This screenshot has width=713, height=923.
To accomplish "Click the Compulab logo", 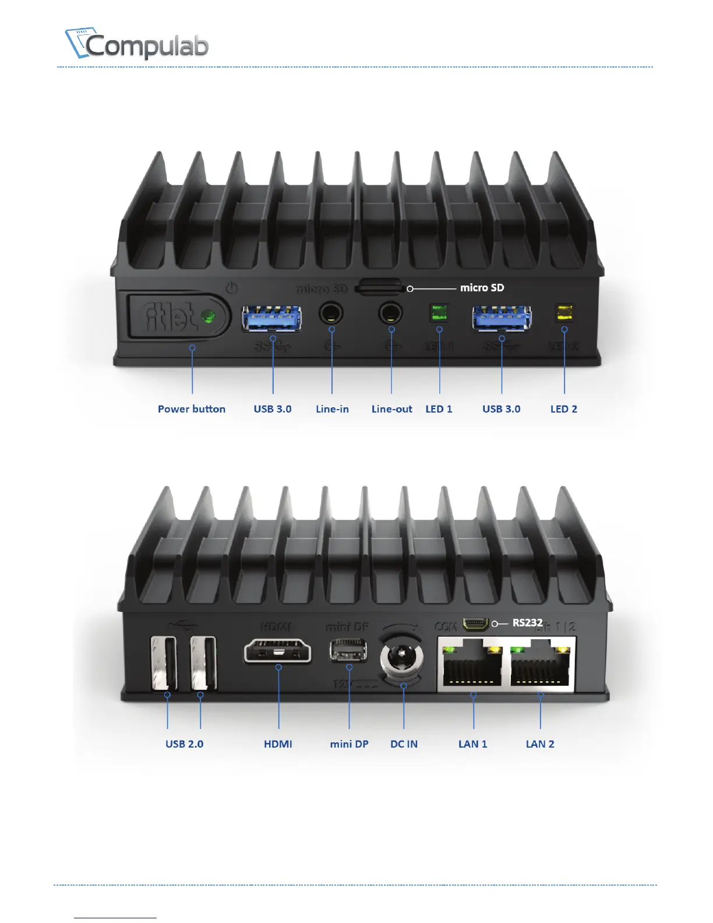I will click(x=137, y=44).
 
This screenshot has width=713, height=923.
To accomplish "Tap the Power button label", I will click(x=191, y=409).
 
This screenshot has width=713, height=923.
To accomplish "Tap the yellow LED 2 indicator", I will click(x=563, y=312).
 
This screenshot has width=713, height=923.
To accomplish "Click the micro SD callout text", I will click(x=482, y=288).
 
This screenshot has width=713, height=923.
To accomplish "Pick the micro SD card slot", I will click(x=380, y=287).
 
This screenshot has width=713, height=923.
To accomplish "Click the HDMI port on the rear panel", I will click(x=278, y=651).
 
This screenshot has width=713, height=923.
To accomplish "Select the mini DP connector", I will click(x=348, y=650).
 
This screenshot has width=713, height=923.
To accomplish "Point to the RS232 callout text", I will click(x=527, y=623).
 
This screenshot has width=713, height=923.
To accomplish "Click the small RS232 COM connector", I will click(x=475, y=624).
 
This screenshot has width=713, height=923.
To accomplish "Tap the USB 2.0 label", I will click(x=184, y=744).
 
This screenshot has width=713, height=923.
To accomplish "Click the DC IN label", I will click(x=404, y=744).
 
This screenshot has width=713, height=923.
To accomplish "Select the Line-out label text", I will click(x=391, y=409).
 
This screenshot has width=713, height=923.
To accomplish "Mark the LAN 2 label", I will click(x=540, y=744).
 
